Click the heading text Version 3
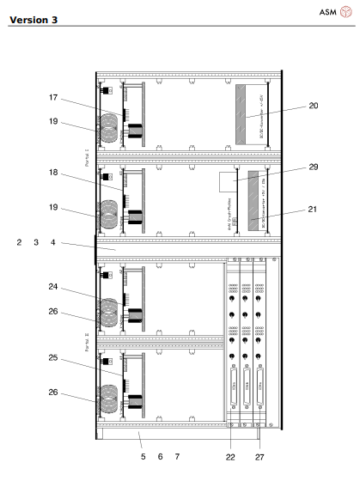34,19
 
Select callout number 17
53,97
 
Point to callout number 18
53,173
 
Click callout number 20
313,106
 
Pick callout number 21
313,209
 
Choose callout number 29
313,167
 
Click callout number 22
230,457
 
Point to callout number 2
19,243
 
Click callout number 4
52,243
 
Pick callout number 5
143,456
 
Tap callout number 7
177,456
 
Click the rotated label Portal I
87,157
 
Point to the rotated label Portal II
87,345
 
